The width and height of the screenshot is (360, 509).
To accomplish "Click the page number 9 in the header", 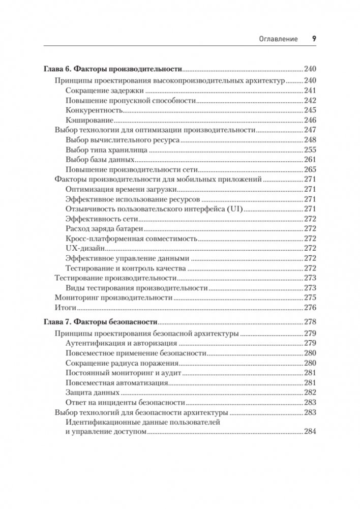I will coord(314,39).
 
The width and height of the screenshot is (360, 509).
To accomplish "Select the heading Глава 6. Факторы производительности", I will coord(113,69).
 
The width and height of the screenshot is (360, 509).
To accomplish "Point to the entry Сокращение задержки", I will coord(105,91).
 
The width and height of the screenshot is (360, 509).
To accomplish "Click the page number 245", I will coord(310,110).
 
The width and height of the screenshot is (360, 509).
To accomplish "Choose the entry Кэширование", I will coord(89,120).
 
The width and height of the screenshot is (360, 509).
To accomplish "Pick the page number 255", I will coord(310,150).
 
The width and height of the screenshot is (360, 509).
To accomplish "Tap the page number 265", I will coord(310,169).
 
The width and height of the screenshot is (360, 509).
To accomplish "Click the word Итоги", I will coord(65,308).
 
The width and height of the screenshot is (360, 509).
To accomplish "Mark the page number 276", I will coord(310,308).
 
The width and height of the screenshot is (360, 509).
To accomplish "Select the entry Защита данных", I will coord(93,392).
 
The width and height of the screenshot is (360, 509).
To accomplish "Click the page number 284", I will coord(310,432).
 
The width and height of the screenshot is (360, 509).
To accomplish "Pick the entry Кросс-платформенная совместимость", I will coord(131,238).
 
